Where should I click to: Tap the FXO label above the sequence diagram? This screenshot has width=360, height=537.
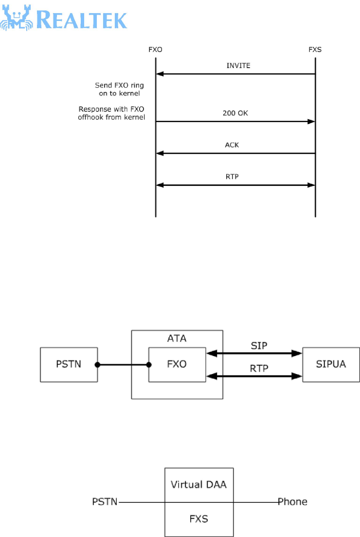tap(155, 50)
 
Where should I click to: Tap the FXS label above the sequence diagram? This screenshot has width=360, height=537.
tap(315, 50)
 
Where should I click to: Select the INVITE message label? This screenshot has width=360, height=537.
tap(238, 65)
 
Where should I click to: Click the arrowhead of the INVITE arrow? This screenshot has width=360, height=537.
tap(160, 74)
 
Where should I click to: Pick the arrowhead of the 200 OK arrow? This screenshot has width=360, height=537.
tap(311, 122)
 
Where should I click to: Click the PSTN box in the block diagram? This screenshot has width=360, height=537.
tap(69, 364)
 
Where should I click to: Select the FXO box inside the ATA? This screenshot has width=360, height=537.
tap(176, 364)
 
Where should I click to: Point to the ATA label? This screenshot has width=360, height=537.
tap(177, 338)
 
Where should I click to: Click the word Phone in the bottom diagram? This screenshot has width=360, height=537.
tap(292, 501)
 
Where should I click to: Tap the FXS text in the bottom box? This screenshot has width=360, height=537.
tap(198, 519)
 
